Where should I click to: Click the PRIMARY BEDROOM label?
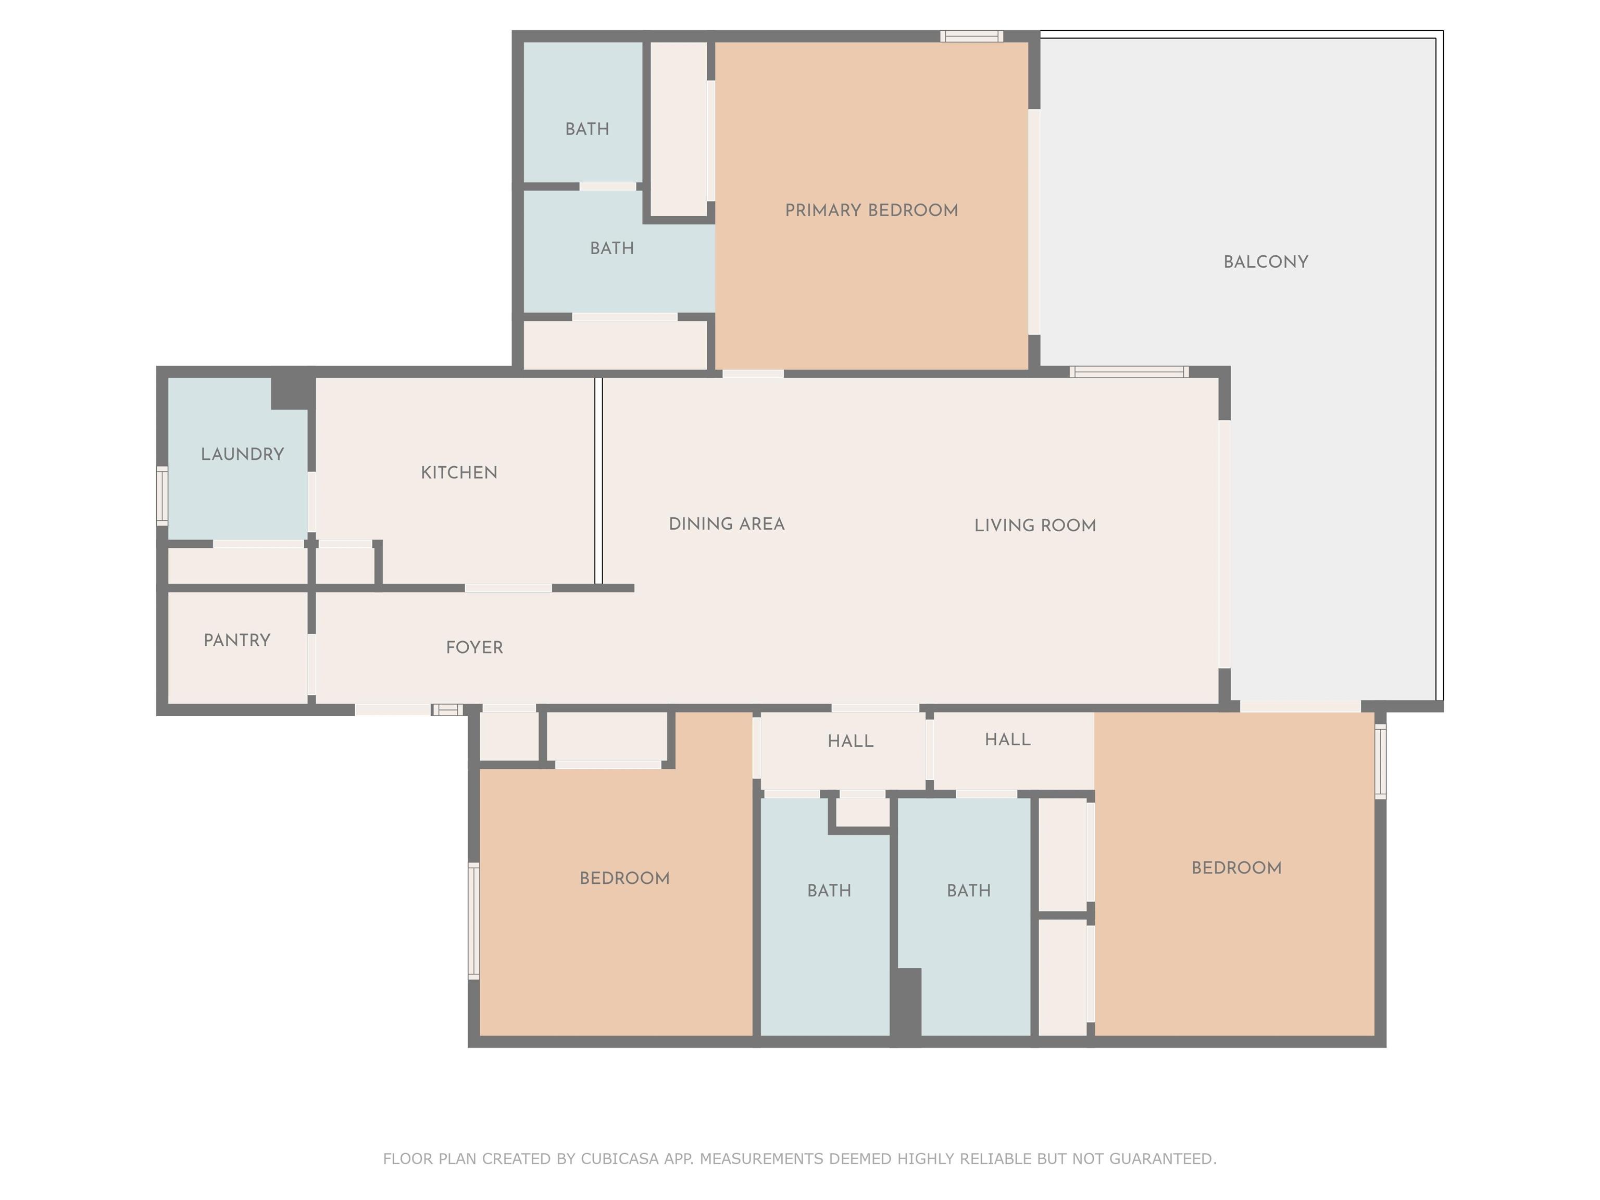tap(871, 210)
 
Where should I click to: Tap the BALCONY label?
tap(1266, 262)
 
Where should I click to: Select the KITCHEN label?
tap(459, 472)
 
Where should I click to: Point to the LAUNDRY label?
tap(242, 454)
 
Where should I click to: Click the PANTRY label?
tap(238, 640)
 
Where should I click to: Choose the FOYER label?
tap(474, 647)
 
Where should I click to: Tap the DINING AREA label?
tap(727, 523)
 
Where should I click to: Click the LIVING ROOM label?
tap(1035, 525)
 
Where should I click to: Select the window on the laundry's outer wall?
tap(162, 495)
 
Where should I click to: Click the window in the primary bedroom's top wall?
tap(971, 36)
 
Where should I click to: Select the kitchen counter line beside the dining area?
tap(598, 481)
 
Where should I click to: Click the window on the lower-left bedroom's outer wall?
tap(474, 921)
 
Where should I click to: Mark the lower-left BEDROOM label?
tap(625, 878)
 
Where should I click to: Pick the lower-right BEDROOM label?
tap(1237, 868)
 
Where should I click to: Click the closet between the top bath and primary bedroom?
tap(679, 129)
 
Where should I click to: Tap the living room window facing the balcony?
tap(1129, 372)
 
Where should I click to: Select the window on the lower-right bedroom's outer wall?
tap(1380, 761)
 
